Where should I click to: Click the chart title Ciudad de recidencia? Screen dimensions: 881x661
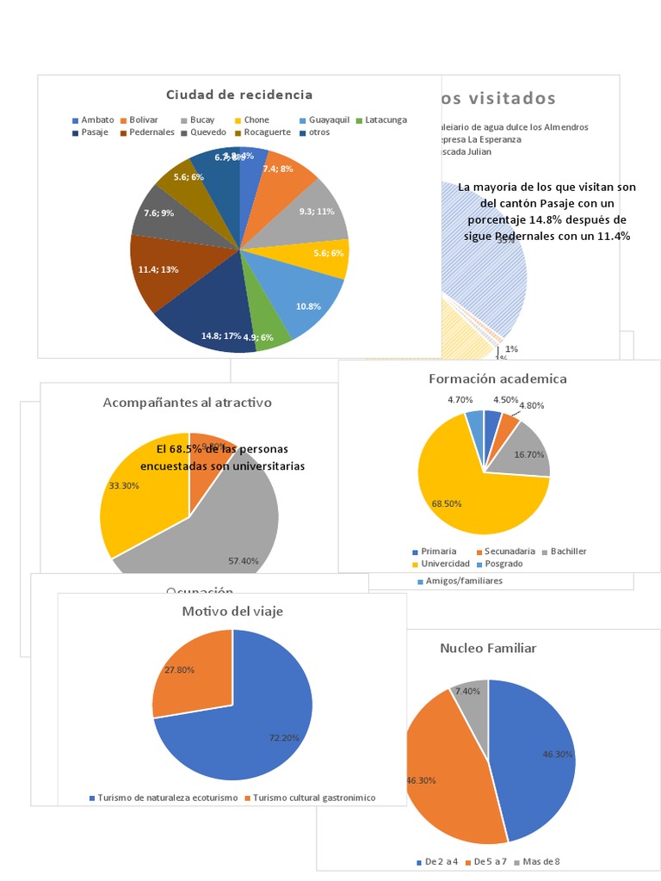click(x=239, y=95)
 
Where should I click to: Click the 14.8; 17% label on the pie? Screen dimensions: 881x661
click(x=221, y=336)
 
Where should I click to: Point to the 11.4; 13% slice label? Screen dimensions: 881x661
click(x=158, y=269)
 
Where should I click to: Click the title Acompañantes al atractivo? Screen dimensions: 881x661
click(x=187, y=402)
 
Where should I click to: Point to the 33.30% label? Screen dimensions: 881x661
click(x=124, y=485)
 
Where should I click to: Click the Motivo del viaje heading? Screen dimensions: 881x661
click(x=232, y=612)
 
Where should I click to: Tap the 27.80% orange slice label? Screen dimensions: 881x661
click(x=178, y=669)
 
